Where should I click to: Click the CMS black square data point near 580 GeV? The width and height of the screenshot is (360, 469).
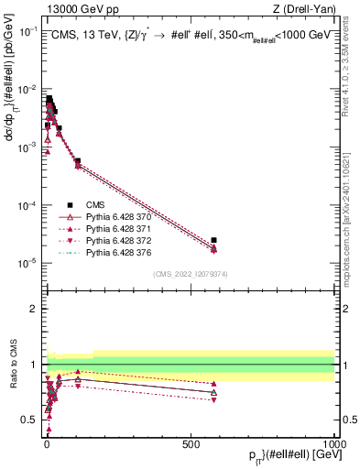click(x=213, y=240)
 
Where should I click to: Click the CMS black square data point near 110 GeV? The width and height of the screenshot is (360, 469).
click(x=78, y=161)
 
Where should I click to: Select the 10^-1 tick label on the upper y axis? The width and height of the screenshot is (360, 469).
click(x=30, y=30)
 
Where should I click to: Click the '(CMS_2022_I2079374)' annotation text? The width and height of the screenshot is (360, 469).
click(x=190, y=273)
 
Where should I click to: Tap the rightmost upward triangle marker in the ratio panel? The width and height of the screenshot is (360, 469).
click(x=213, y=392)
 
